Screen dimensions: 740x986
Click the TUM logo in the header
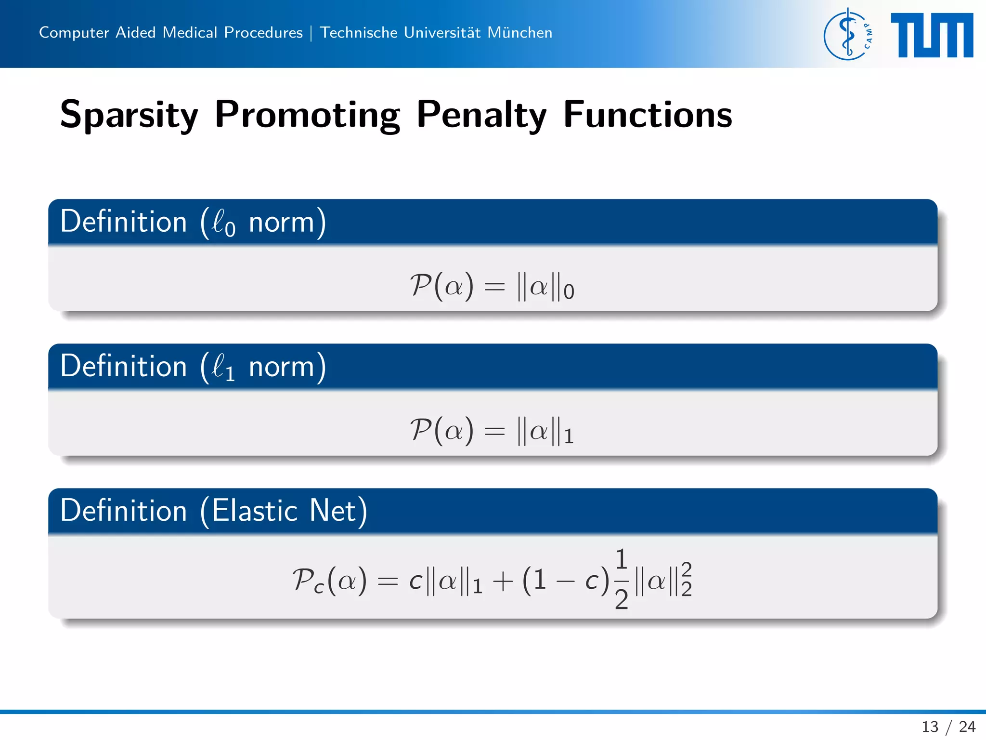pyautogui.click(x=932, y=35)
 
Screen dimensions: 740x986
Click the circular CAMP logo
pyautogui.click(x=848, y=34)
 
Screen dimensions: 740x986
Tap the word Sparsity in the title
pyautogui.click(x=129, y=115)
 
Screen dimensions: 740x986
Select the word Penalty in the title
pyautogui.click(x=481, y=115)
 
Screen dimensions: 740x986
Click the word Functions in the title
pyautogui.click(x=648, y=115)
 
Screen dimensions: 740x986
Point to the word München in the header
pyautogui.click(x=519, y=32)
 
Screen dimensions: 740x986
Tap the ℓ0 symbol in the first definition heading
pyautogui.click(x=224, y=223)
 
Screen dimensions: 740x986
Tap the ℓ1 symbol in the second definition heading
pyautogui.click(x=224, y=368)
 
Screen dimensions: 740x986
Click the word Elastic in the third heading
pyautogui.click(x=255, y=511)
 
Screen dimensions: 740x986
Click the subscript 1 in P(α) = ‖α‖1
pyautogui.click(x=569, y=436)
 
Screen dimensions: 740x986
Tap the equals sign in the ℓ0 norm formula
pyautogui.click(x=494, y=288)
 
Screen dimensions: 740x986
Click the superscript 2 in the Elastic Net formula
pyautogui.click(x=687, y=569)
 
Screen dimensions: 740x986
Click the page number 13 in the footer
pyautogui.click(x=930, y=727)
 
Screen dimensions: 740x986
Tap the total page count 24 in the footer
pyautogui.click(x=967, y=727)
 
